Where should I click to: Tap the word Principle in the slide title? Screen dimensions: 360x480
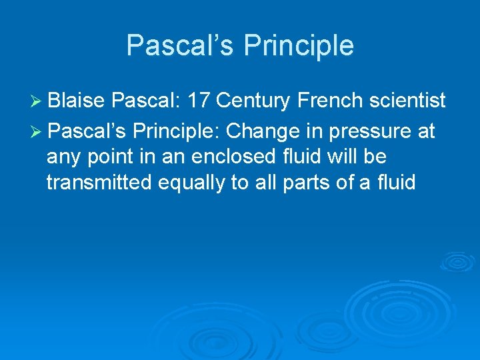pyautogui.click(x=299, y=45)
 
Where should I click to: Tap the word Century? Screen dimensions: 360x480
pyautogui.click(x=254, y=101)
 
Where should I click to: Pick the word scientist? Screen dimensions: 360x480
pyautogui.click(x=408, y=101)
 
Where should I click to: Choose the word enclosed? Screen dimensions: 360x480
pyautogui.click(x=229, y=157)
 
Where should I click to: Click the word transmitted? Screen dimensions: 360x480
pyautogui.click(x=99, y=183)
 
